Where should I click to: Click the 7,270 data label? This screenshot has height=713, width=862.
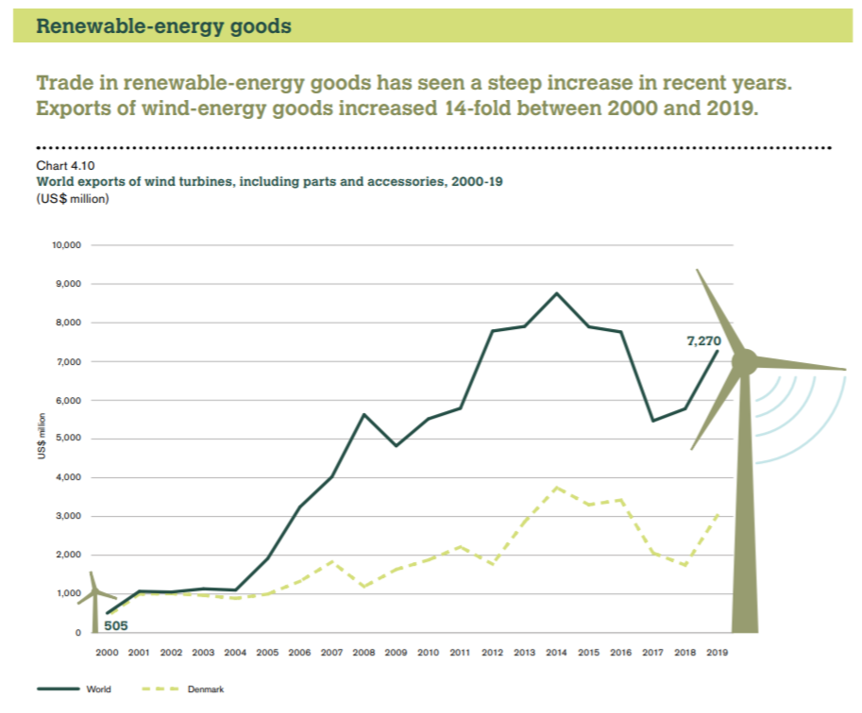tap(702, 340)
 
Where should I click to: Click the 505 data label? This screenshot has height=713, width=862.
tap(116, 623)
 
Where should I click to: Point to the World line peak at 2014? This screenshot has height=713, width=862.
tap(557, 293)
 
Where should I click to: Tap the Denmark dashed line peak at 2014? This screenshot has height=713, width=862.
tap(557, 488)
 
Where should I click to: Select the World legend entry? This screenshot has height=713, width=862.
tap(98, 689)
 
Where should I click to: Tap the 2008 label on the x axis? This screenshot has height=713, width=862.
tap(363, 652)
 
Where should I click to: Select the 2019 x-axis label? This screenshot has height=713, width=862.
tap(717, 652)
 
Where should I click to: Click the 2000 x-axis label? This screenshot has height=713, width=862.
tap(107, 652)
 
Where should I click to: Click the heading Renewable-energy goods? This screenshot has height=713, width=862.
tap(163, 26)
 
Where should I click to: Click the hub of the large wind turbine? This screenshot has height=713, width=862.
tap(745, 360)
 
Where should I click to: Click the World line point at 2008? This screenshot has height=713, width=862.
tap(363, 414)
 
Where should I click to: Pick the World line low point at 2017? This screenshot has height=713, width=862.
tap(653, 421)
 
